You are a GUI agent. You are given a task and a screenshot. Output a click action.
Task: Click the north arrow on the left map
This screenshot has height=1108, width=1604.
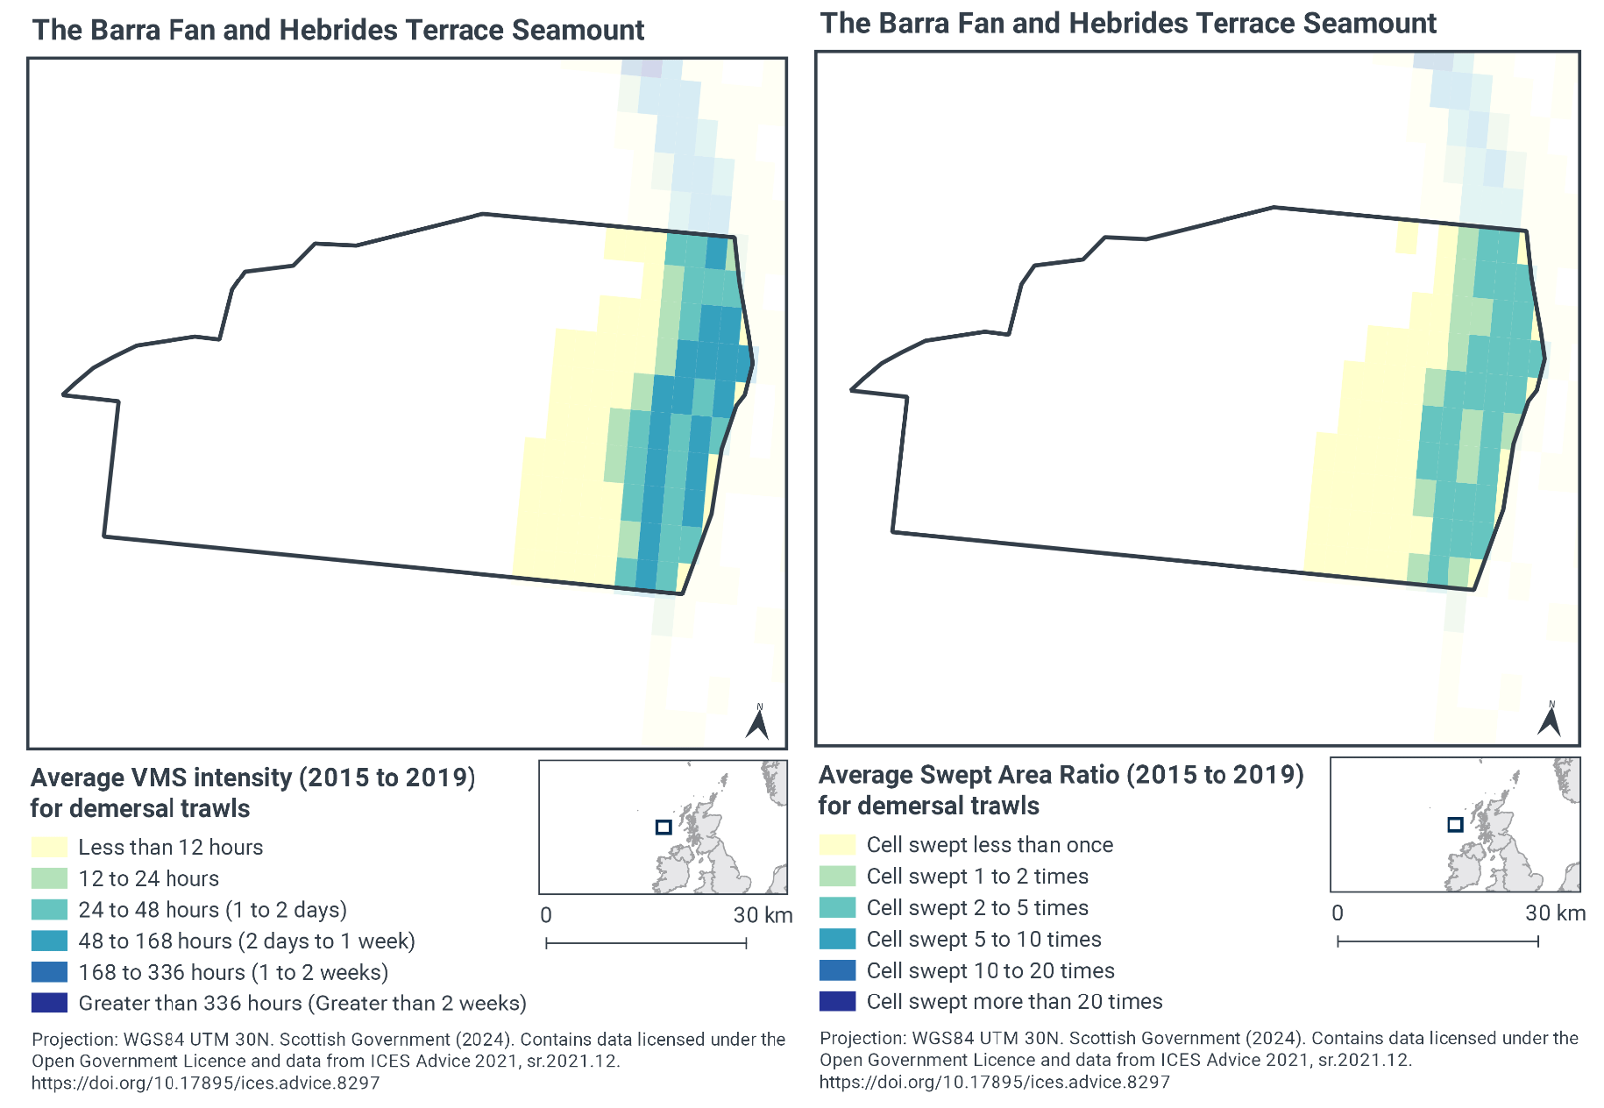pyautogui.click(x=757, y=723)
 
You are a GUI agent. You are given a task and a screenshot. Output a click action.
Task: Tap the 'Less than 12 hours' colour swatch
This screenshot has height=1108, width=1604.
pyautogui.click(x=49, y=847)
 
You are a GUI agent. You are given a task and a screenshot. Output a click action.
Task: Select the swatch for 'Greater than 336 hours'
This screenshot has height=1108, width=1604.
pyautogui.click(x=49, y=1003)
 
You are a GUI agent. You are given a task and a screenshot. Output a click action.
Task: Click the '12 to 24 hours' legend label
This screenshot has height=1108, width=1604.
pyautogui.click(x=148, y=878)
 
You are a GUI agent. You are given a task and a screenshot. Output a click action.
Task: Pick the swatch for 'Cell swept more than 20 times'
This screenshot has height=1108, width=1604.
pyautogui.click(x=837, y=1001)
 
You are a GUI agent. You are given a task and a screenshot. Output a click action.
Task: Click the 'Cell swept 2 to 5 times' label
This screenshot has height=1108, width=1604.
pyautogui.click(x=976, y=907)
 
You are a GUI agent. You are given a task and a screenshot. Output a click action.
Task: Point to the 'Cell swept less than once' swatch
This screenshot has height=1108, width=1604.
pyautogui.click(x=837, y=844)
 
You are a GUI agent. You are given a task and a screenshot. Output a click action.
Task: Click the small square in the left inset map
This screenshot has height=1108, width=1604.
pyautogui.click(x=664, y=827)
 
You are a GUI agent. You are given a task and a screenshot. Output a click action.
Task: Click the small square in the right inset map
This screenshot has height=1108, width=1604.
pyautogui.click(x=1455, y=824)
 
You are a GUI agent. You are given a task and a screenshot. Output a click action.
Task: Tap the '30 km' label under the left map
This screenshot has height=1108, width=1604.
pyautogui.click(x=763, y=915)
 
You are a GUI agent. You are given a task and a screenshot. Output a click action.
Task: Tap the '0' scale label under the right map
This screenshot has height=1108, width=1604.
pyautogui.click(x=1337, y=913)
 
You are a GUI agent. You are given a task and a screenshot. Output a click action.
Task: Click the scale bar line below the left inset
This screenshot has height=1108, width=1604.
pyautogui.click(x=646, y=943)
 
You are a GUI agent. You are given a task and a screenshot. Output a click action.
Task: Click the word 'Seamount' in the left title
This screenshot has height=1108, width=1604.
pyautogui.click(x=578, y=30)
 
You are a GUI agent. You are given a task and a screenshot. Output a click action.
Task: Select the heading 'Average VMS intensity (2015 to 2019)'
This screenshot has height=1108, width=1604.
pyautogui.click(x=252, y=778)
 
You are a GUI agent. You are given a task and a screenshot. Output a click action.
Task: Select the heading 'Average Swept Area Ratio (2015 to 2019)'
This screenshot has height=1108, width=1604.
pyautogui.click(x=1061, y=774)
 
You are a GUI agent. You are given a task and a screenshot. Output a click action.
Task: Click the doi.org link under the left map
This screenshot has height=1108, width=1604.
pyautogui.click(x=205, y=1083)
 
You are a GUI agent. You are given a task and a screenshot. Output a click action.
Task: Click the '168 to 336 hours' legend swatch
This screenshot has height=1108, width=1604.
pyautogui.click(x=49, y=971)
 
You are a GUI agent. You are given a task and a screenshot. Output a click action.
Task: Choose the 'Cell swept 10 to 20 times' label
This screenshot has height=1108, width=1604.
pyautogui.click(x=990, y=970)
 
